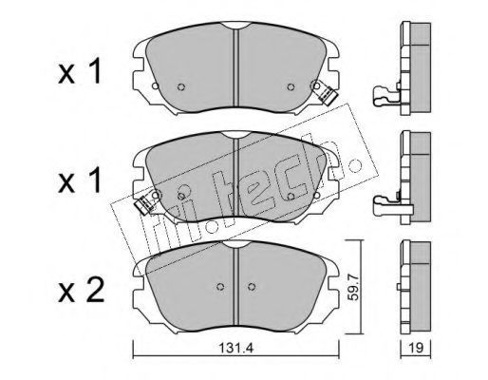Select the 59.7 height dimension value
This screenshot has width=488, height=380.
352,287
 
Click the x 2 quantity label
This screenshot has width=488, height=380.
81,292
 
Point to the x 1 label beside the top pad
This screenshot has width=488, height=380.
80,73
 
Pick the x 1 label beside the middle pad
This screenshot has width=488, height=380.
80,181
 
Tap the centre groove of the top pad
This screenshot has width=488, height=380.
235,67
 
